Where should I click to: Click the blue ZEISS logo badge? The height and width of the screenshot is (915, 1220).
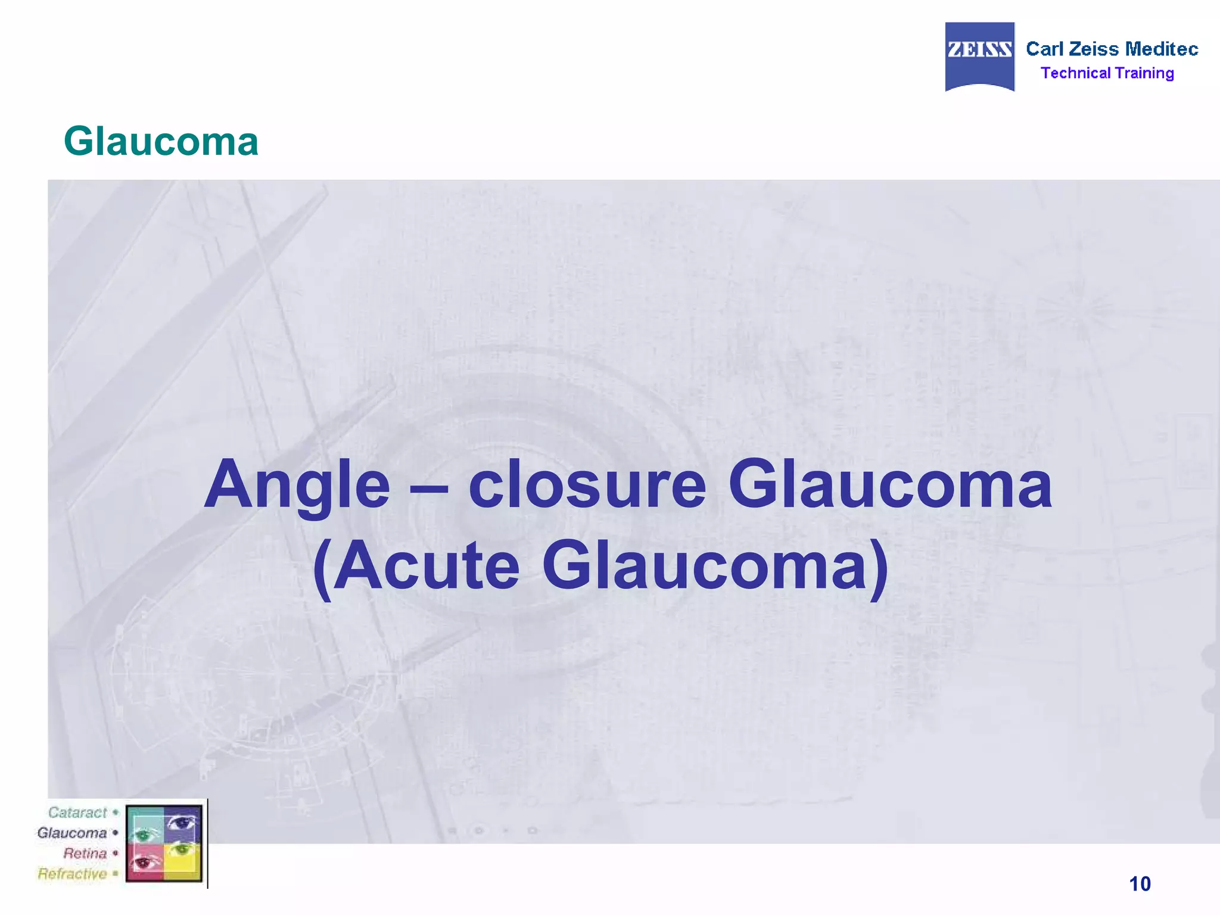pyautogui.click(x=979, y=56)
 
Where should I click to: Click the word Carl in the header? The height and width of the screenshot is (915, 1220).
pyautogui.click(x=1044, y=49)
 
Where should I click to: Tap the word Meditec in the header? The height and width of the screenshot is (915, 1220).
pyautogui.click(x=1162, y=49)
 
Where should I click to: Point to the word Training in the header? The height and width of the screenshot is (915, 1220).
pyautogui.click(x=1144, y=73)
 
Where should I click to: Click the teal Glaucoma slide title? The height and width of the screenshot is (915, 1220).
pyautogui.click(x=161, y=142)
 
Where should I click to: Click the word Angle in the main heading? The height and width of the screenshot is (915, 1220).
pyautogui.click(x=297, y=485)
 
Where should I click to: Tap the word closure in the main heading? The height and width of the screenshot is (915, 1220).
pyautogui.click(x=587, y=485)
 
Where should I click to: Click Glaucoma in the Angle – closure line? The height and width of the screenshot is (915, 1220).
pyautogui.click(x=890, y=485)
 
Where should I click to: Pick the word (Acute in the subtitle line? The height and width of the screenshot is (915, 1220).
pyautogui.click(x=416, y=566)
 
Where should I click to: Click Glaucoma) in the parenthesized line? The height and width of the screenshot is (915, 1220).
pyautogui.click(x=715, y=566)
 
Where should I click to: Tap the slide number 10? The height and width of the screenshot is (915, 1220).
pyautogui.click(x=1140, y=884)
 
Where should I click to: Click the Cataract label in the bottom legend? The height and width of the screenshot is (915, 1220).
pyautogui.click(x=77, y=813)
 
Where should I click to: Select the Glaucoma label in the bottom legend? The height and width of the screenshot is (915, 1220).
pyautogui.click(x=71, y=833)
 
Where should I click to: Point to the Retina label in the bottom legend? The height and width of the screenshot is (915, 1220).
pyautogui.click(x=85, y=853)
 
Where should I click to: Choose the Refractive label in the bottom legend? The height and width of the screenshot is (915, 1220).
pyautogui.click(x=72, y=874)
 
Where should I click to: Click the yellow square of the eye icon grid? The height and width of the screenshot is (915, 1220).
pyautogui.click(x=183, y=861)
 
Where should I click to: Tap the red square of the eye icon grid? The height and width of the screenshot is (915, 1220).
pyautogui.click(x=145, y=861)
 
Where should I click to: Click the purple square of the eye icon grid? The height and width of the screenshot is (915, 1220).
pyautogui.click(x=183, y=824)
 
